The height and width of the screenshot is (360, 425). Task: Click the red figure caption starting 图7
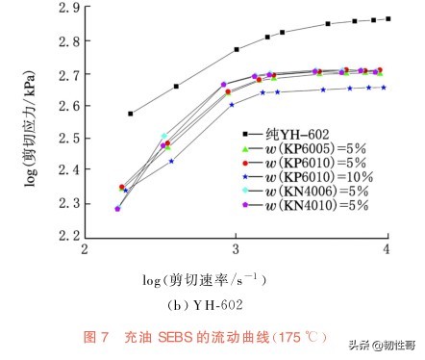(207, 337)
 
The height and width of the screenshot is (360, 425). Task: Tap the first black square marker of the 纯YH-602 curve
(130, 114)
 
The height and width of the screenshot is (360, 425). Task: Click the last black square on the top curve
(387, 18)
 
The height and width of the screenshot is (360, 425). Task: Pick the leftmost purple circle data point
(117, 209)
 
